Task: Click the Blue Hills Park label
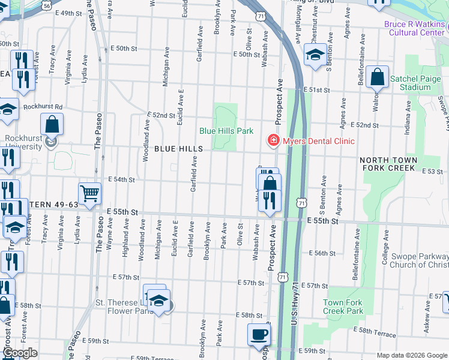coord(226,131)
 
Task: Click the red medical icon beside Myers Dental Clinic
coord(273,140)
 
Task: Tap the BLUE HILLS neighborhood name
coord(178,148)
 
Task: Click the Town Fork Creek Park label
coord(343,307)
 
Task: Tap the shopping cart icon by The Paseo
coord(89,194)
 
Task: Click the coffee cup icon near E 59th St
coord(259,334)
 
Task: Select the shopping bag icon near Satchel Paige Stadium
coord(377,77)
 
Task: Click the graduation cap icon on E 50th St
coord(315,56)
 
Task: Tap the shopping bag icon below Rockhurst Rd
coord(52,125)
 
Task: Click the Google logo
coord(20,353)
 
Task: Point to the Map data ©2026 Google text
coord(411,355)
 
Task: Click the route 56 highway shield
coord(47,5)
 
